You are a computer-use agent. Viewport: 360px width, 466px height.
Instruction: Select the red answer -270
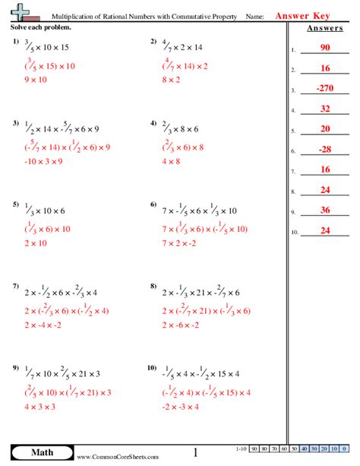tap(324, 88)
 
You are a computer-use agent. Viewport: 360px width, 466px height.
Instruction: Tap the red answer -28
tap(324, 149)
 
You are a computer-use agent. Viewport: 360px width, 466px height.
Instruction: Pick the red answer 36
tap(324, 210)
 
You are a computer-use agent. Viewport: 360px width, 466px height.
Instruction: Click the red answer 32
tap(324, 109)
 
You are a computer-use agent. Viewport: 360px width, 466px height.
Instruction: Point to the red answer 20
tap(324, 128)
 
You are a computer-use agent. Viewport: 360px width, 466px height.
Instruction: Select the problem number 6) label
tap(154, 205)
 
